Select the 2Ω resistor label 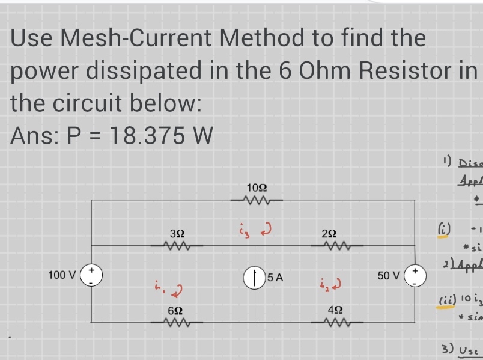tap(329, 233)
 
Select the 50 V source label tap(390, 276)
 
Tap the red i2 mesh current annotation tap(330, 282)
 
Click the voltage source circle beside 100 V tap(91, 276)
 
